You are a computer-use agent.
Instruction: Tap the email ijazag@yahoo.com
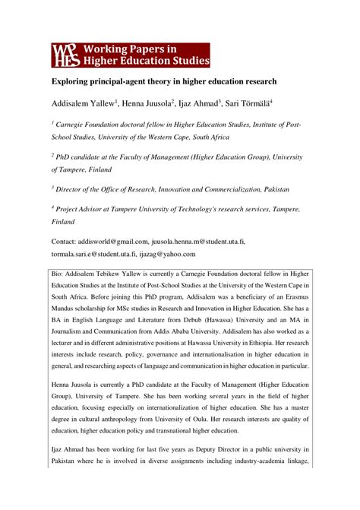(x=167, y=254)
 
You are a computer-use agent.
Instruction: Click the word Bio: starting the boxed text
(x=59, y=271)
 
